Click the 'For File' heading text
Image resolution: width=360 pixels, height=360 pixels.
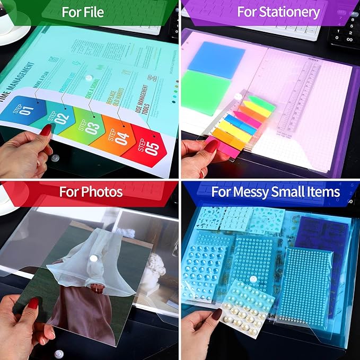(83, 12)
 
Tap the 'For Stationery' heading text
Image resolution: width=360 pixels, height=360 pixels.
(278, 12)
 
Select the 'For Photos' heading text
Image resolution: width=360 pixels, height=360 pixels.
(91, 191)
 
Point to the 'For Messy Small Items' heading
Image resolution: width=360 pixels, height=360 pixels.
(283, 191)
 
